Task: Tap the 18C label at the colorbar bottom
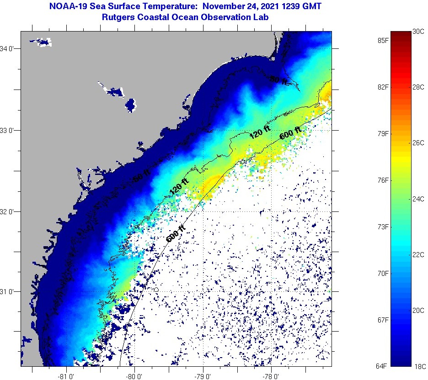(x=419, y=366)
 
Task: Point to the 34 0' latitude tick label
(x=9, y=48)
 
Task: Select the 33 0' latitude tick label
(x=9, y=130)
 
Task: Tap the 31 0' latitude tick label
(x=9, y=291)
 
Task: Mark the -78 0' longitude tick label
(x=271, y=376)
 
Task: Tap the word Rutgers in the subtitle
(x=118, y=17)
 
